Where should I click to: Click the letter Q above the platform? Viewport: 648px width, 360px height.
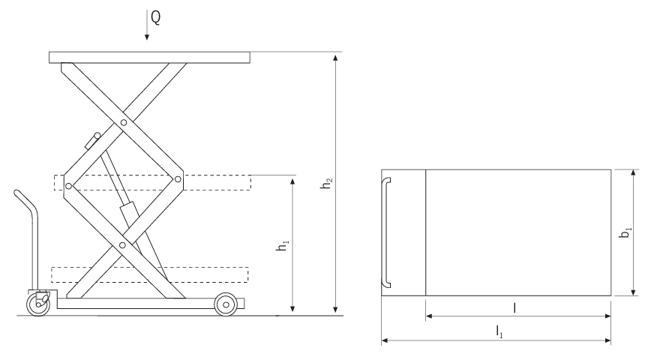coord(154,15)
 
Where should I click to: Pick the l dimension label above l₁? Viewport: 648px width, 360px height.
coord(514,307)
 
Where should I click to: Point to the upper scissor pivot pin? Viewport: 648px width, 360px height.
coord(123,121)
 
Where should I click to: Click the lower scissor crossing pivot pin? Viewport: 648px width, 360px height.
coord(123,244)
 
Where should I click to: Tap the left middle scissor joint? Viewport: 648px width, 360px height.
coord(68,184)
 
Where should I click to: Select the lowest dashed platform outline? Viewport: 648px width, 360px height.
coord(150,274)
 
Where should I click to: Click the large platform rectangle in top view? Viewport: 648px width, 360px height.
coord(517,232)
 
